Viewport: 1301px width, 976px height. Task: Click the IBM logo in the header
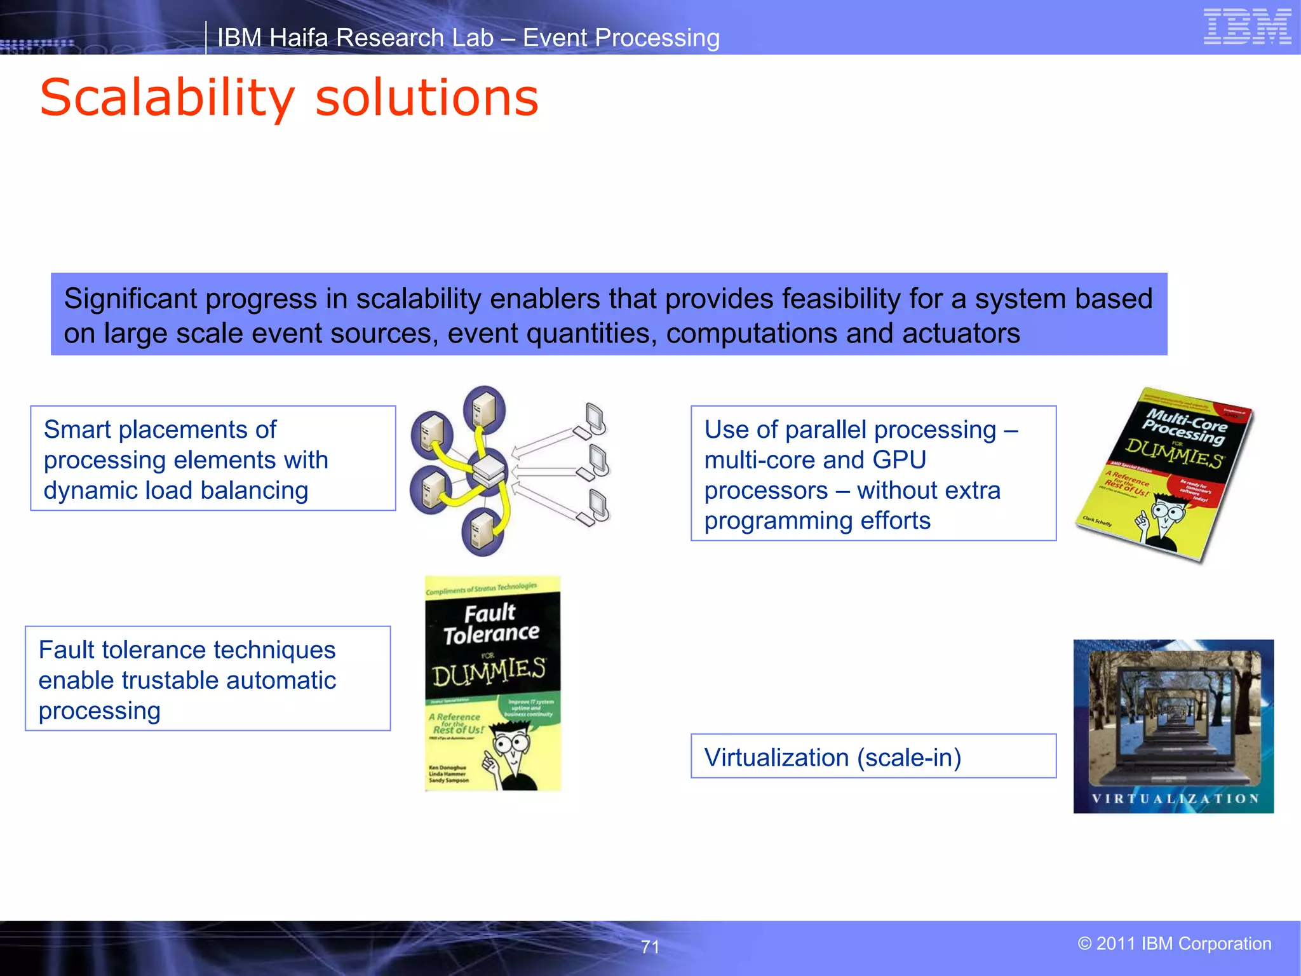1247,27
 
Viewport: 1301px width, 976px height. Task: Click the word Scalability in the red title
167,98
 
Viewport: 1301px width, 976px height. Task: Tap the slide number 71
650,947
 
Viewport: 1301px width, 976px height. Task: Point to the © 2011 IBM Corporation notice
1174,944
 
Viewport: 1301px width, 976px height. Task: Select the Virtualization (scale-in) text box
873,756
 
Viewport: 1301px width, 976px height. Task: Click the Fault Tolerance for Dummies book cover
492,684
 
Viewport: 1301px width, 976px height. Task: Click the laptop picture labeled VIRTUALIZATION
1173,726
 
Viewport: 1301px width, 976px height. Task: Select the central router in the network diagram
489,471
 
